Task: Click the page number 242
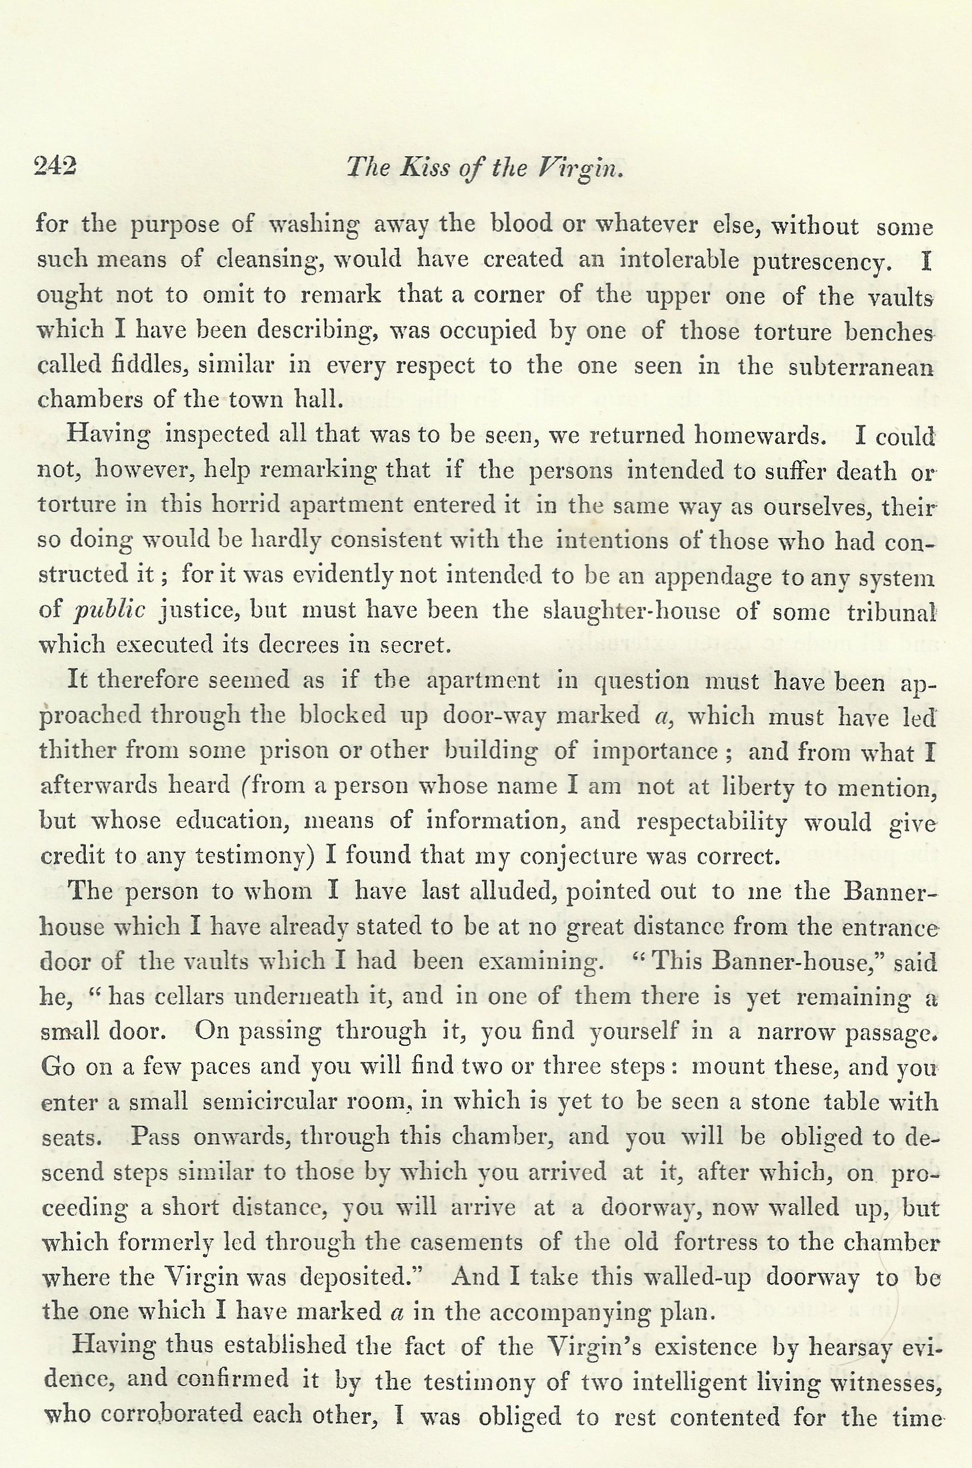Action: pyautogui.click(x=55, y=167)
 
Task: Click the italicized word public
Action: pyautogui.click(x=110, y=611)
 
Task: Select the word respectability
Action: pyautogui.click(x=712, y=822)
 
